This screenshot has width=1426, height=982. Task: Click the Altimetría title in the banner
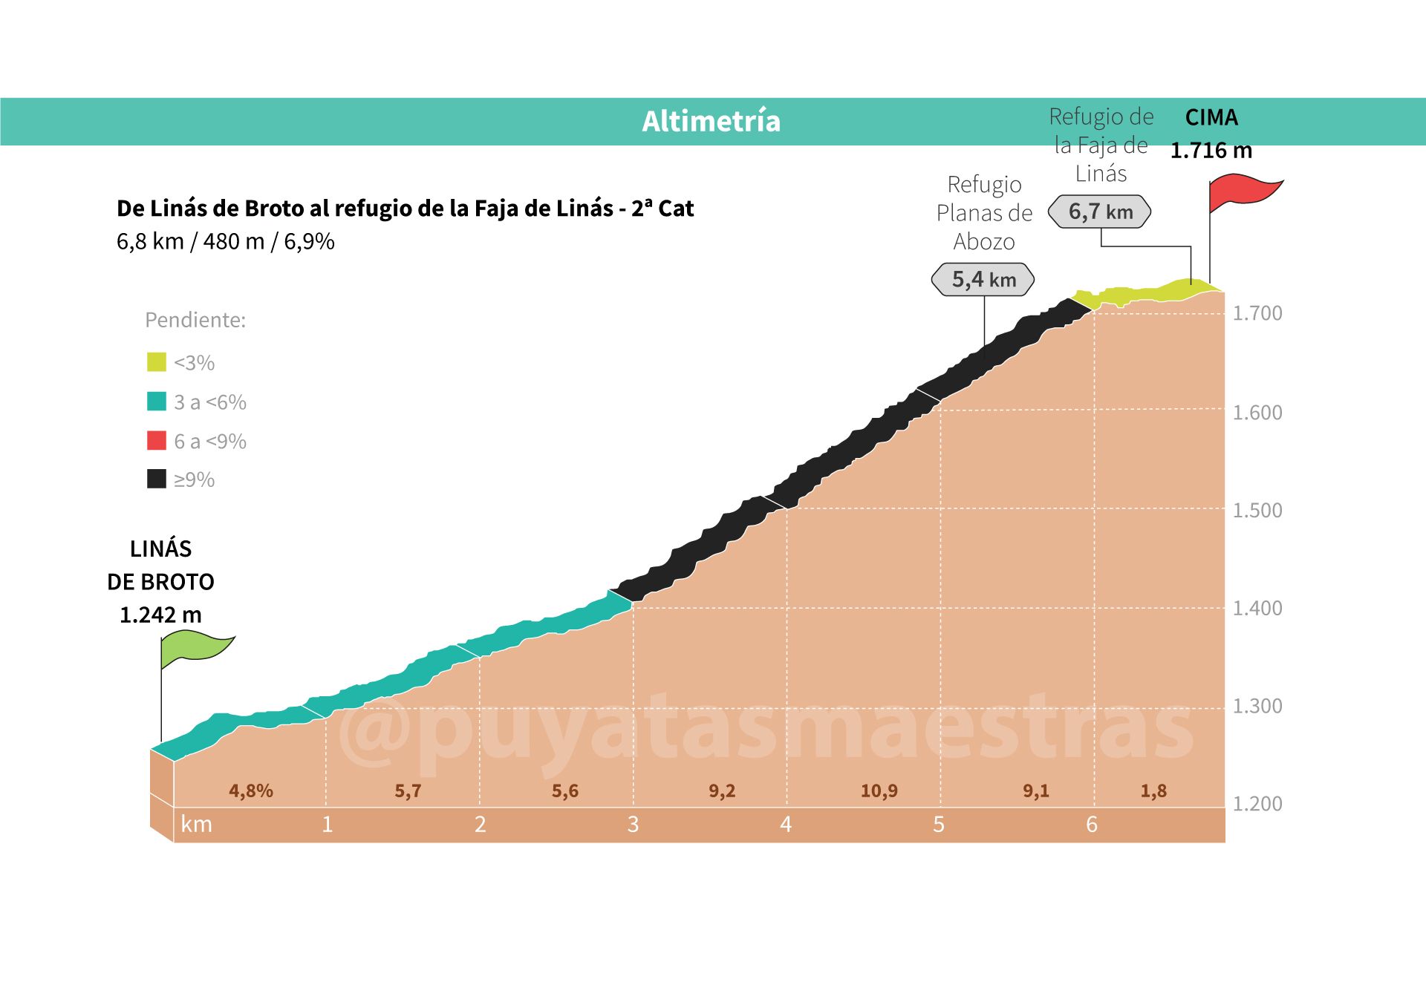(x=711, y=121)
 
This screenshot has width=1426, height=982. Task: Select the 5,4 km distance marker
(x=983, y=280)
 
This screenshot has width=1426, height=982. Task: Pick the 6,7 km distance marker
(x=1100, y=212)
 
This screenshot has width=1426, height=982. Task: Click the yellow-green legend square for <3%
(x=157, y=362)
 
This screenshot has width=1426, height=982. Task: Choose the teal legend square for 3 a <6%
(x=157, y=402)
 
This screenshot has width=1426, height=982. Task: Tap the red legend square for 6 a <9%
(x=157, y=441)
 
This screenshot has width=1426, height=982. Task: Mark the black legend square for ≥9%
(x=157, y=479)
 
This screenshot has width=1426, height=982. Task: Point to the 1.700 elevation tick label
(x=1257, y=313)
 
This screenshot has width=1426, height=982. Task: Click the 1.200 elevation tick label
(x=1257, y=804)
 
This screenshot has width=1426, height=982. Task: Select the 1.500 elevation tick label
(x=1257, y=511)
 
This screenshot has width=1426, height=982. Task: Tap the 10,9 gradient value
(x=879, y=791)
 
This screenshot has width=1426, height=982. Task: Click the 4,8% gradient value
(x=251, y=791)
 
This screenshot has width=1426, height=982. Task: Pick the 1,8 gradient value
(x=1153, y=791)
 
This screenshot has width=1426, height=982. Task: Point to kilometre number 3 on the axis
(x=633, y=825)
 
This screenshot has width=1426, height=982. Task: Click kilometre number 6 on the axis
(x=1091, y=825)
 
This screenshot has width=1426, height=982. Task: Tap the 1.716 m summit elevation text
(x=1211, y=151)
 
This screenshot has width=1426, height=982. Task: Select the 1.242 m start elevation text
(x=160, y=615)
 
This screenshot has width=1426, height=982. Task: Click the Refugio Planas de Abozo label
(x=984, y=213)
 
